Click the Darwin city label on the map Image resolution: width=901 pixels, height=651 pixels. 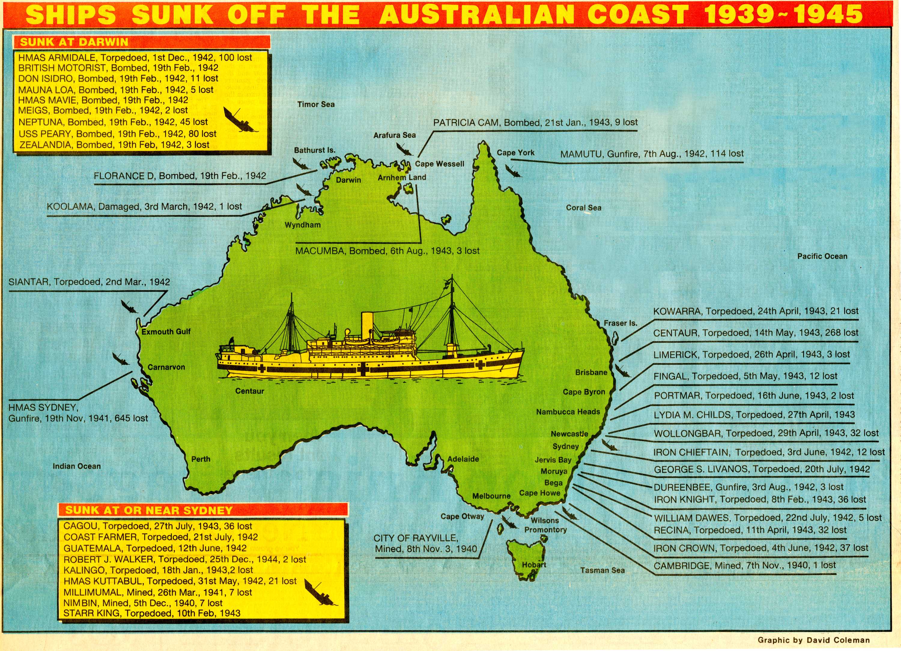pos(348,180)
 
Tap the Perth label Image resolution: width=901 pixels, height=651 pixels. pos(201,459)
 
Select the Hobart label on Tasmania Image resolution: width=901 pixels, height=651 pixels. pos(534,565)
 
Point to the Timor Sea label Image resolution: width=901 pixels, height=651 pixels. pos(316,105)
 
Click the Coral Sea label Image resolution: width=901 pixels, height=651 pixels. pos(583,208)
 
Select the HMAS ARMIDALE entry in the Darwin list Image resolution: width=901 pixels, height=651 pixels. pos(135,58)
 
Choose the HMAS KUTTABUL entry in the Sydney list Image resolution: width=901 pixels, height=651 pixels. pos(180,581)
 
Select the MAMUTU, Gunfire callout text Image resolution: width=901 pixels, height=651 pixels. pos(651,154)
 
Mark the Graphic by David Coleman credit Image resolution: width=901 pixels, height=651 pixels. pos(813,640)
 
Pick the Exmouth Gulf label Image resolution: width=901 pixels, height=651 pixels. pos(166,331)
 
